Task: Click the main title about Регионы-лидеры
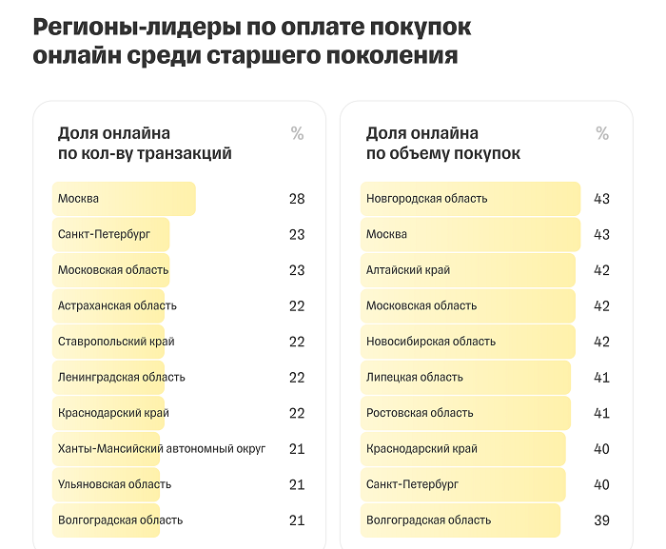[x=251, y=42]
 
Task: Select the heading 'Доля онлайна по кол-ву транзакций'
[x=145, y=144]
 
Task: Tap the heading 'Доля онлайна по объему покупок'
[x=443, y=144]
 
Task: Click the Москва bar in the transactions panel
[x=124, y=199]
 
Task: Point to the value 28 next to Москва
[x=297, y=199]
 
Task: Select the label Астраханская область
[x=117, y=305]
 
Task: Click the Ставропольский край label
[x=116, y=342]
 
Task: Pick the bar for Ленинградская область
[x=108, y=378]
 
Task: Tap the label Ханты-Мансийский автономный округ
[x=162, y=448]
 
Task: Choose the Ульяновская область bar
[x=106, y=484]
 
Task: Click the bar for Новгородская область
[x=470, y=199]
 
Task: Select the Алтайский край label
[x=408, y=270]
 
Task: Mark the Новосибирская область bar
[x=468, y=342]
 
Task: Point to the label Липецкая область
[x=415, y=377]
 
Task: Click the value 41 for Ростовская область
[x=601, y=413]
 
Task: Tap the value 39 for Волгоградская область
[x=601, y=520]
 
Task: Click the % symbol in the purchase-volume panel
[x=602, y=134]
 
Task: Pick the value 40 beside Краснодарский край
[x=601, y=449]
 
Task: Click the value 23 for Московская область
[x=297, y=270]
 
